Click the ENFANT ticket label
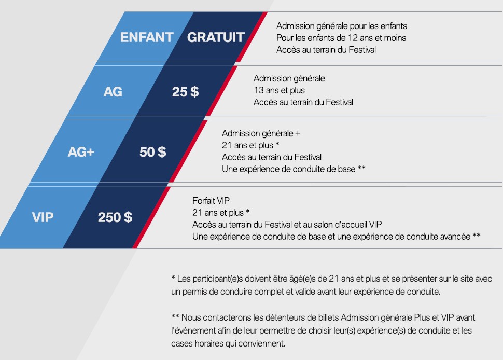[147, 37]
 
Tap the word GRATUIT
[216, 37]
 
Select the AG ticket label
[113, 92]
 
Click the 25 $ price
[186, 92]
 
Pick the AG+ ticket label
[81, 152]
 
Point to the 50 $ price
[152, 152]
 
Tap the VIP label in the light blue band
[43, 217]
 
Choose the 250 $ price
[115, 217]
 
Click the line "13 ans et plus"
[279, 90]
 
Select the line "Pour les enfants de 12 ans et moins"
[341, 38]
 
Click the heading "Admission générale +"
[261, 133]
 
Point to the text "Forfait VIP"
[211, 201]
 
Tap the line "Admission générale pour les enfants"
[342, 26]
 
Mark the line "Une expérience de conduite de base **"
[294, 169]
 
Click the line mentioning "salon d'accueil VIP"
[287, 224]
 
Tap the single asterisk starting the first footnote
[173, 277]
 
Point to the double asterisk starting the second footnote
[175, 316]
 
